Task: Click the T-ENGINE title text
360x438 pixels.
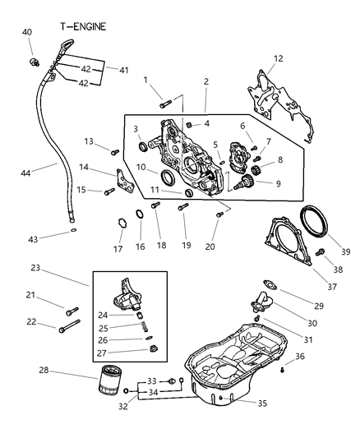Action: click(84, 25)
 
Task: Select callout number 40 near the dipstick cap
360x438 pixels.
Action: click(27, 32)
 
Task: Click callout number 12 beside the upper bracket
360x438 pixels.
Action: click(278, 58)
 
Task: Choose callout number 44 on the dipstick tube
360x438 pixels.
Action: click(25, 173)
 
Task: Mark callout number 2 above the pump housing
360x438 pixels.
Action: click(206, 82)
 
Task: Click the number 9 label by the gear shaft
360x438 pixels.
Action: click(278, 184)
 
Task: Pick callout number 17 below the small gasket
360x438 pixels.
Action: click(118, 248)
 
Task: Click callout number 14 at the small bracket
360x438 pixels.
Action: click(85, 167)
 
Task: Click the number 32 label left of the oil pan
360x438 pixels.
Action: click(124, 404)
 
